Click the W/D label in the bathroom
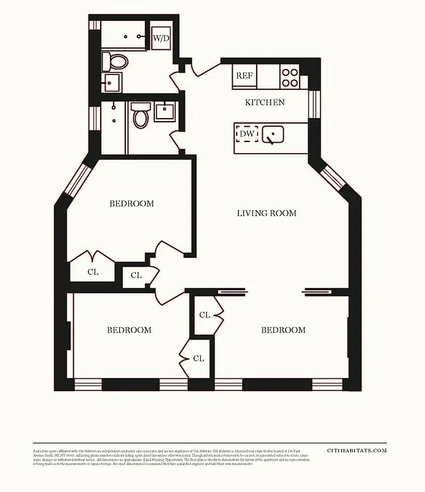[x=161, y=38]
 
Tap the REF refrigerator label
[x=244, y=76]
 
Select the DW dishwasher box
[x=247, y=133]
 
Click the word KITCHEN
[x=265, y=102]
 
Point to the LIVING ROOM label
[x=267, y=213]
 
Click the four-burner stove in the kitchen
[x=290, y=77]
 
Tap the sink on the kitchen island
[x=272, y=133]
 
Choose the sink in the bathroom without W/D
[x=165, y=111]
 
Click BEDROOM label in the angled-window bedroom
[x=131, y=204]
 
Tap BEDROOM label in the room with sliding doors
[x=283, y=330]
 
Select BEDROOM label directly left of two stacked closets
[x=129, y=330]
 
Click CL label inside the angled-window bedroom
[x=93, y=271]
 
